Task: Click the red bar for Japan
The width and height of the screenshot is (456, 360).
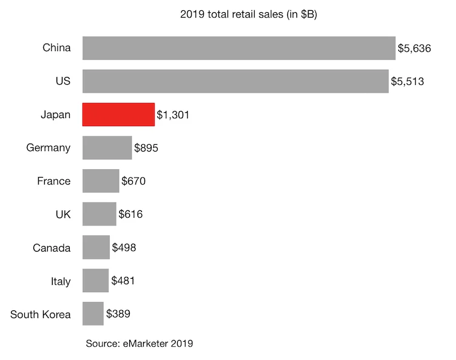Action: pyautogui.click(x=118, y=115)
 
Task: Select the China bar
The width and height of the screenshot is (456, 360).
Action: pyautogui.click(x=239, y=48)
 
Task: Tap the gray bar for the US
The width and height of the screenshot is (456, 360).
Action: pyautogui.click(x=235, y=81)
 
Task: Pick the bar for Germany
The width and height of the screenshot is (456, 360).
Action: pyautogui.click(x=107, y=148)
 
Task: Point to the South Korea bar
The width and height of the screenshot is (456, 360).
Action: pyautogui.click(x=93, y=314)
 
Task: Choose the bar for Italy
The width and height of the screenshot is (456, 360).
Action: pyautogui.click(x=95, y=281)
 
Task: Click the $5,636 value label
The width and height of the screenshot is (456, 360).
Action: pyautogui.click(x=414, y=48)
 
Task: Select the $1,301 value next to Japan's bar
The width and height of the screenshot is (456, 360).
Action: pyautogui.click(x=173, y=115)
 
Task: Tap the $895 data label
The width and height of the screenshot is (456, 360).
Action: pyautogui.click(x=146, y=148)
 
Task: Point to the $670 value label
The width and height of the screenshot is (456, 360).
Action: pyautogui.click(x=133, y=181)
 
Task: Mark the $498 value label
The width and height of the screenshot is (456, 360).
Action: pyautogui.click(x=124, y=248)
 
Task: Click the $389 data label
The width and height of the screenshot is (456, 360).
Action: pyautogui.click(x=118, y=314)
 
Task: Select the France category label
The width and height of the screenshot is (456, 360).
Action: pyautogui.click(x=53, y=181)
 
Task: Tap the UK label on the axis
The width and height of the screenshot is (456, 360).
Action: pyautogui.click(x=62, y=215)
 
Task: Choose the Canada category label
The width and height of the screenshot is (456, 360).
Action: pyautogui.click(x=52, y=248)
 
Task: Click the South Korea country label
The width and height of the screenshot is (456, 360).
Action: pyautogui.click(x=41, y=314)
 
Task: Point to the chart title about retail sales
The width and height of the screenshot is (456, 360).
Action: pyautogui.click(x=249, y=15)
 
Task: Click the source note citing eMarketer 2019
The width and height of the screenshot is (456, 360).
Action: pyautogui.click(x=139, y=344)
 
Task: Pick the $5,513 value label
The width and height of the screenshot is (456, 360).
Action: pyautogui.click(x=407, y=81)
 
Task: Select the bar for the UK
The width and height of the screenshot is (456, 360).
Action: pyautogui.click(x=99, y=215)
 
